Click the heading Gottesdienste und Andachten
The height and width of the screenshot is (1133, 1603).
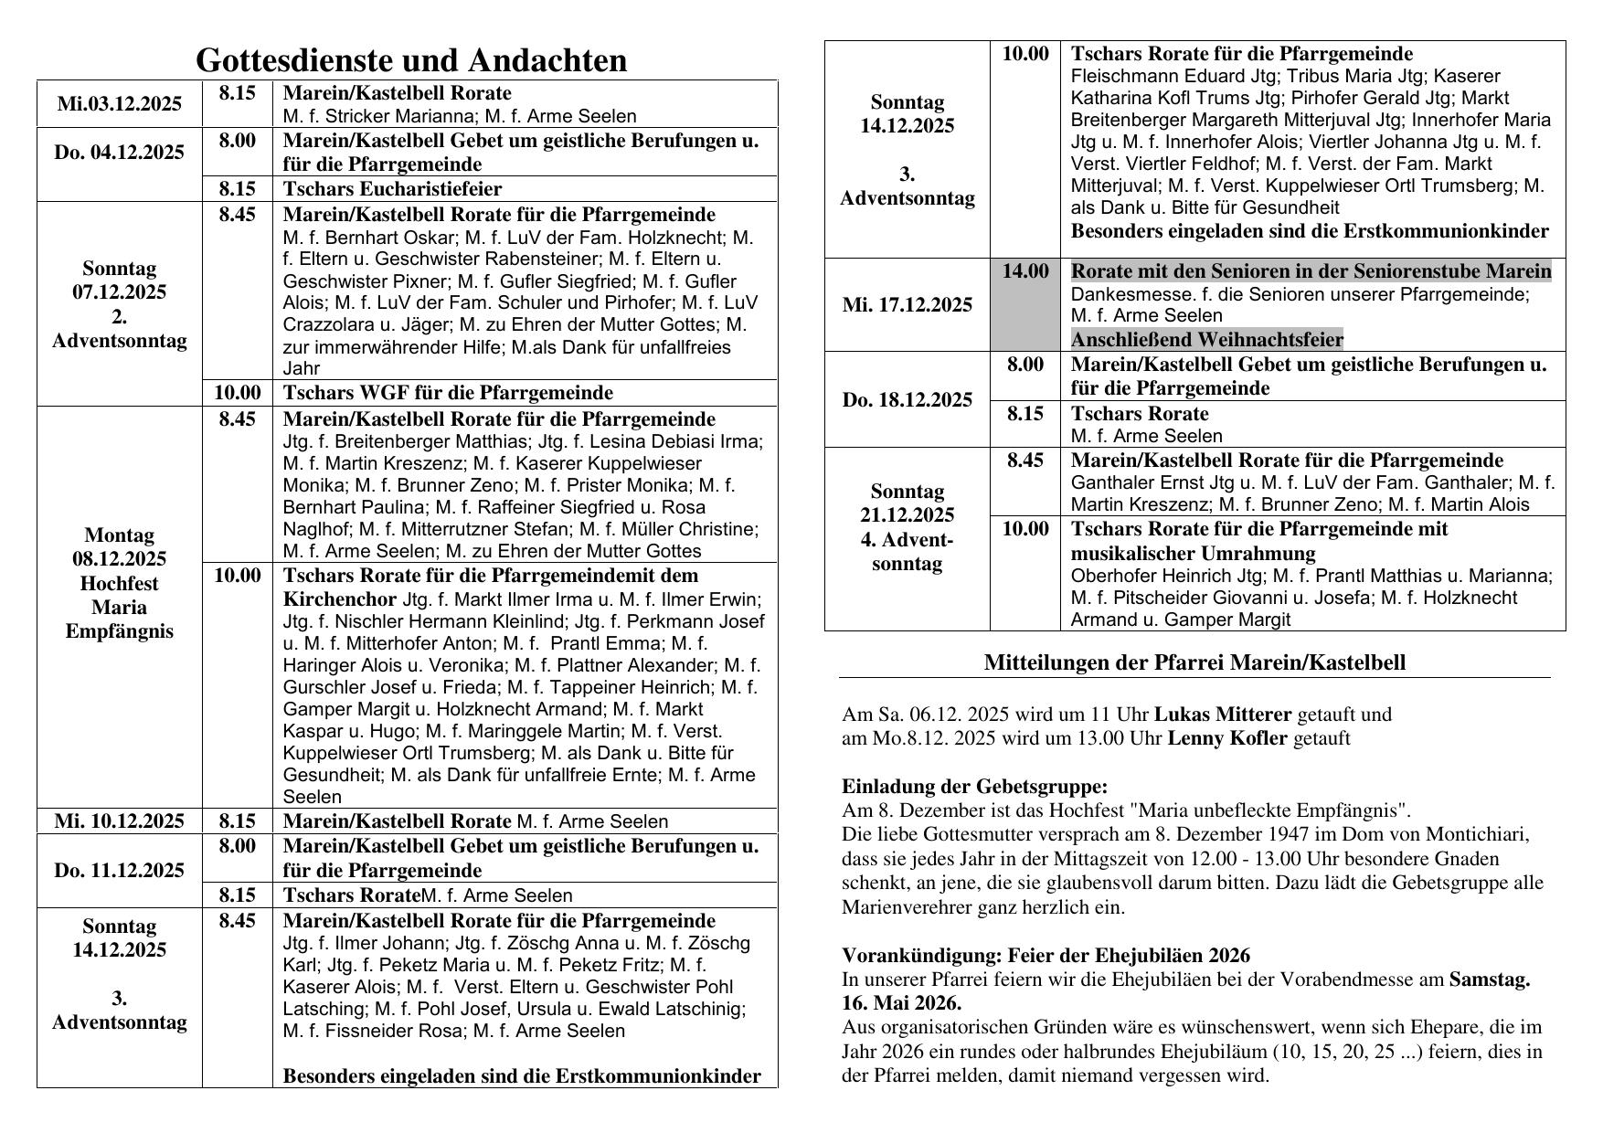pyautogui.click(x=411, y=60)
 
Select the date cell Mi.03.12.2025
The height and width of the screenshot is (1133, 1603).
pyautogui.click(x=119, y=104)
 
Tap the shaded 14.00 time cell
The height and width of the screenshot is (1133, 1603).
pyautogui.click(x=1024, y=271)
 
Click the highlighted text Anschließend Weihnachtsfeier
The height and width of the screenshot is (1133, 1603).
pyautogui.click(x=1206, y=340)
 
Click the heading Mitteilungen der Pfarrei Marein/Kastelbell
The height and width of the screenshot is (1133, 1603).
pyautogui.click(x=1194, y=662)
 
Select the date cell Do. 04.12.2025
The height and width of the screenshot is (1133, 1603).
pyautogui.click(x=119, y=153)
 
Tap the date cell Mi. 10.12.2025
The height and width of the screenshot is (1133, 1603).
pyautogui.click(x=119, y=821)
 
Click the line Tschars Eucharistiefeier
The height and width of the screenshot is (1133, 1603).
pyautogui.click(x=392, y=189)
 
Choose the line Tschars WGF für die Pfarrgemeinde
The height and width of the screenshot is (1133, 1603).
pyautogui.click(x=448, y=393)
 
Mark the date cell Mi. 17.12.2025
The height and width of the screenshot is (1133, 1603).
pyautogui.click(x=907, y=305)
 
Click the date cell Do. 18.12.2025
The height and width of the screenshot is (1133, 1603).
pyautogui.click(x=907, y=400)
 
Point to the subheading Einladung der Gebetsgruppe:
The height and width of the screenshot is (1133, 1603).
pyautogui.click(x=974, y=787)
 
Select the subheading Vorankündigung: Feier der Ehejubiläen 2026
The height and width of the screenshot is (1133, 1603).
pyautogui.click(x=1046, y=956)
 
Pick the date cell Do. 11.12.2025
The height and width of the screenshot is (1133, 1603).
pyautogui.click(x=119, y=870)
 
